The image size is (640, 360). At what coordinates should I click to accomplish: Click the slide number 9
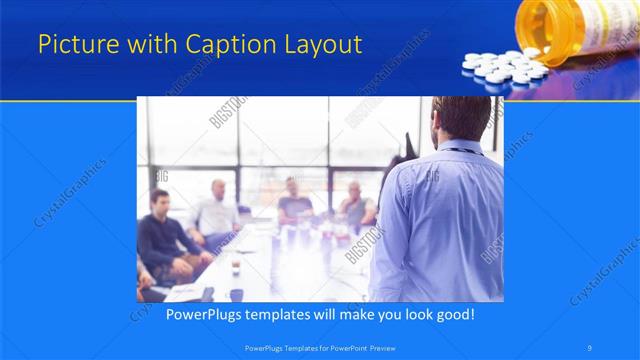point(590,347)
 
